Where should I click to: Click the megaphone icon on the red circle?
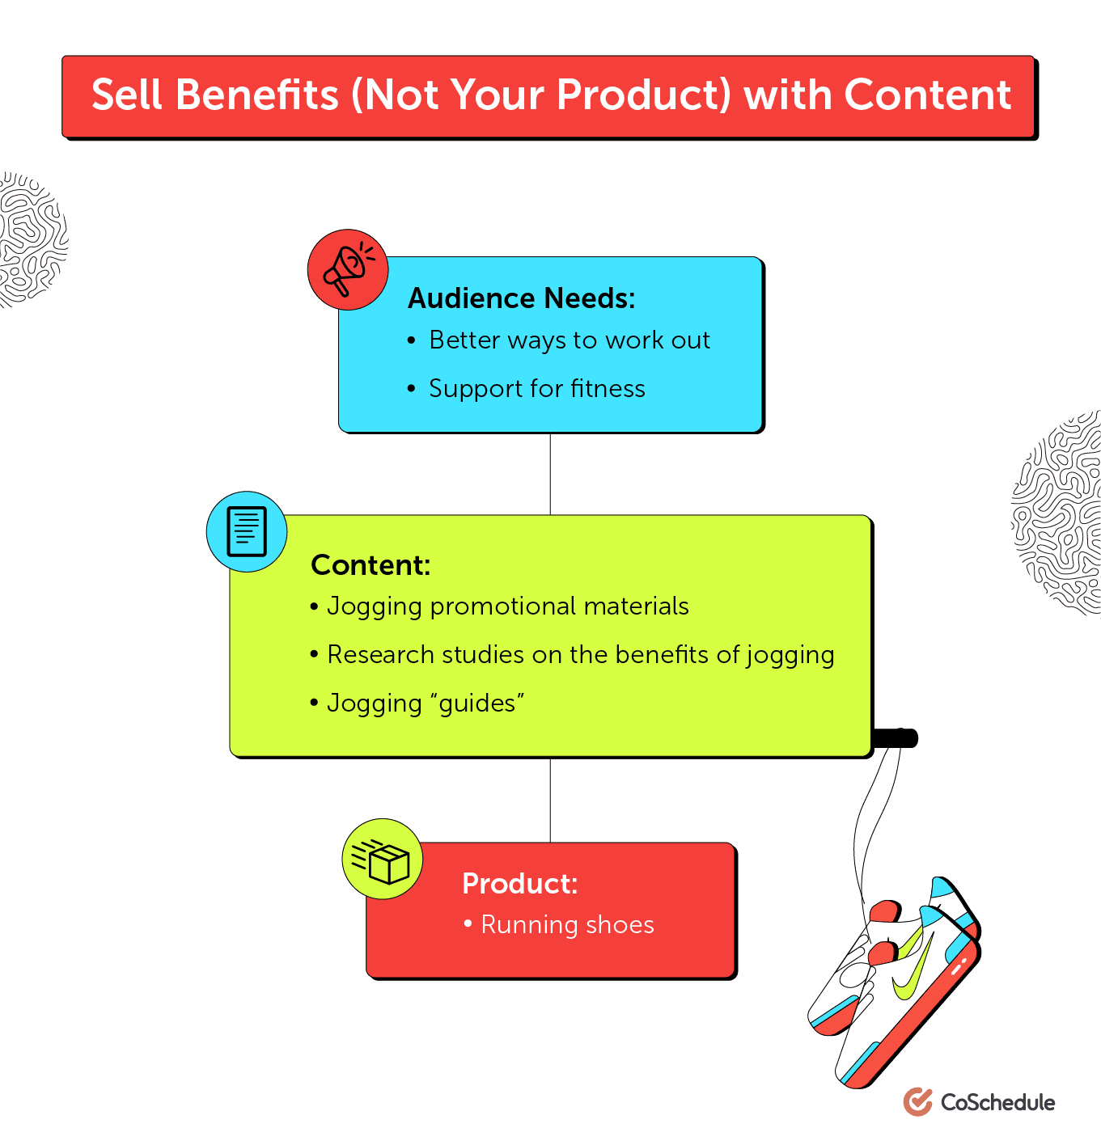click(x=348, y=269)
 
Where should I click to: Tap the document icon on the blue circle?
click(x=247, y=531)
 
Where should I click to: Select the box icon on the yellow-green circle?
click(x=383, y=860)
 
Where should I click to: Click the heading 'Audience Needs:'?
click(x=521, y=298)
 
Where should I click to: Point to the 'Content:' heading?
click(x=371, y=565)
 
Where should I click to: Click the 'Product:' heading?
click(x=519, y=884)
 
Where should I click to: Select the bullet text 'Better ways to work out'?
click(x=570, y=340)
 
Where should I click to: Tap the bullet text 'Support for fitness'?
click(x=536, y=389)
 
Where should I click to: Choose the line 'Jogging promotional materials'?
click(x=507, y=606)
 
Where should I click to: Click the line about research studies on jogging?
click(x=580, y=655)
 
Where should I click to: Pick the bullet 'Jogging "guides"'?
click(x=425, y=703)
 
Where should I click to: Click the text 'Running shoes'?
click(x=567, y=925)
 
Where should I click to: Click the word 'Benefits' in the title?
click(x=256, y=95)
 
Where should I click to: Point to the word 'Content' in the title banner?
click(x=927, y=95)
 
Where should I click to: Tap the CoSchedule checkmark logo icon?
click(x=917, y=1101)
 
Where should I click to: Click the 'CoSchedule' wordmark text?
click(x=997, y=1102)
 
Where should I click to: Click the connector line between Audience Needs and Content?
click(x=550, y=474)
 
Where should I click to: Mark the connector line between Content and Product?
click(x=550, y=800)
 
